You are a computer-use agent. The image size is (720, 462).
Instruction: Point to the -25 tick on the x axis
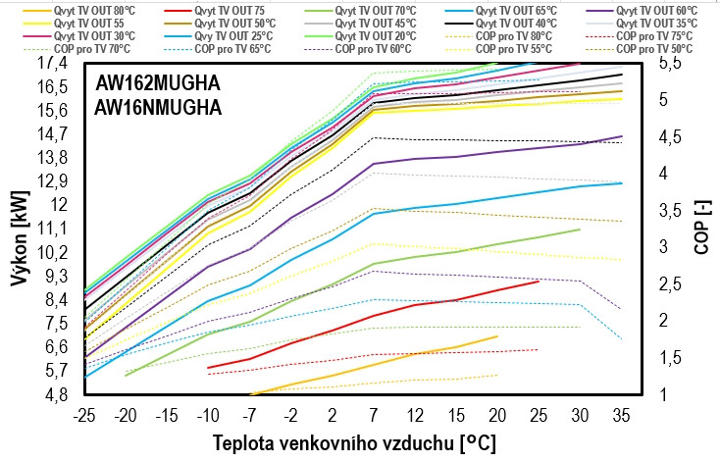pyautogui.click(x=84, y=412)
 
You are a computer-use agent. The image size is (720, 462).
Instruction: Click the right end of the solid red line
pyautogui.click(x=539, y=282)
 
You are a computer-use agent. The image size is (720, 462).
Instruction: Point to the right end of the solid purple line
pyautogui.click(x=622, y=136)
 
